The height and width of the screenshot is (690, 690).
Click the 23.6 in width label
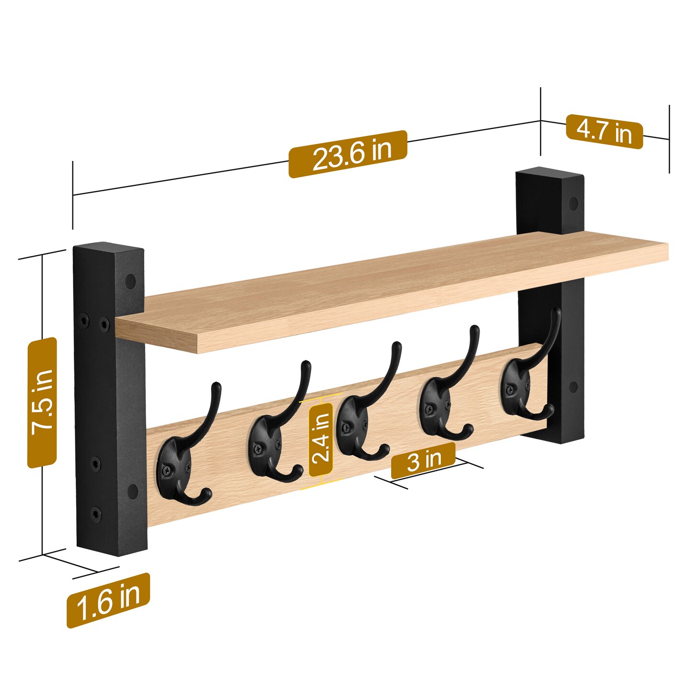point(347,154)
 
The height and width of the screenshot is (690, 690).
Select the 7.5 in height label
point(42,402)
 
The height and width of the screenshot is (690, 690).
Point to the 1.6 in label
point(108,600)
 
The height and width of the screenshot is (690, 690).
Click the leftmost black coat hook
point(184,460)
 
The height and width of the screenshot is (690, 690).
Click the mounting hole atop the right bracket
point(573,202)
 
